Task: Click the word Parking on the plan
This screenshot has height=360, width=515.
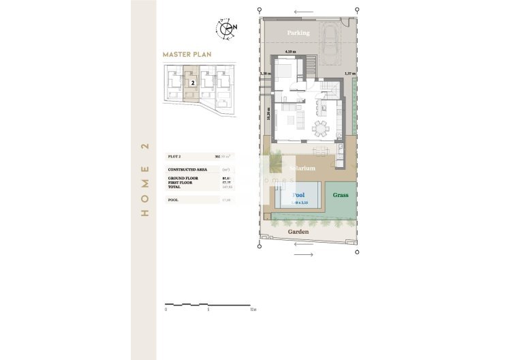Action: [x=298, y=33]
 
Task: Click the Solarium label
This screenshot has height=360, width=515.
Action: [x=301, y=168]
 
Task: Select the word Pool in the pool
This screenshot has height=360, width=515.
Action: [x=298, y=195]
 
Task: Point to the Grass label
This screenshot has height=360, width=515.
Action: [x=341, y=195]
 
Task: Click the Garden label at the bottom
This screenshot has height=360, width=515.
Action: [x=298, y=232]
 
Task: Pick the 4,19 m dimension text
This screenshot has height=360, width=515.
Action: [x=290, y=52]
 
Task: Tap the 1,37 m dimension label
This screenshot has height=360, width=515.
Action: [x=350, y=74]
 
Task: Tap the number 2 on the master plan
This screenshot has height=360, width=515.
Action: [x=193, y=82]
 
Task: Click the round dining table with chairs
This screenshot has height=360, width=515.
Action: [x=319, y=127]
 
